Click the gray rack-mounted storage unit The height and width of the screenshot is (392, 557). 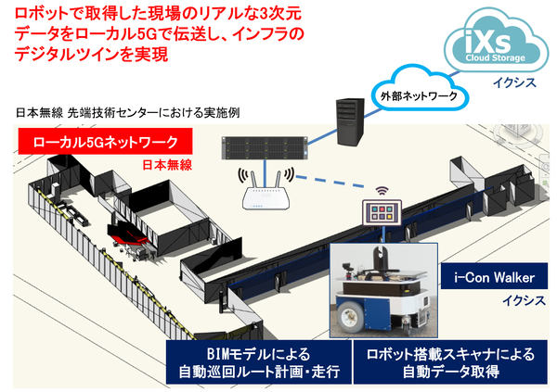click(x=269, y=146)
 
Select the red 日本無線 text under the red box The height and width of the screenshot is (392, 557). click(x=167, y=166)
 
